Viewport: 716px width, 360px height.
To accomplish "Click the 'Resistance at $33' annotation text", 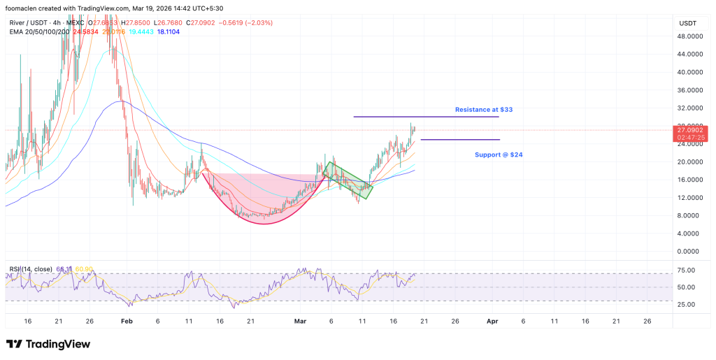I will [x=489, y=110].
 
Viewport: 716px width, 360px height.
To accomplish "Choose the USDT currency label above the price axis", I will [x=688, y=23].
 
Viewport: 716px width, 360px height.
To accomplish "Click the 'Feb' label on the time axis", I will [x=127, y=321].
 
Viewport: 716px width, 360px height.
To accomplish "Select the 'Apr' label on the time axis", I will [x=492, y=321].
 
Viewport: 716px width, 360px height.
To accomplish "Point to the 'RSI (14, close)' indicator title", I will [x=31, y=268].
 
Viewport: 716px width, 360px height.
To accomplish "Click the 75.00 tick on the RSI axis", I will [x=686, y=270].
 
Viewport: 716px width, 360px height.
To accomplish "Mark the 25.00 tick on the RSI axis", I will [x=686, y=305].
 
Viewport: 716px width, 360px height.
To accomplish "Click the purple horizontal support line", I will [x=459, y=140].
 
